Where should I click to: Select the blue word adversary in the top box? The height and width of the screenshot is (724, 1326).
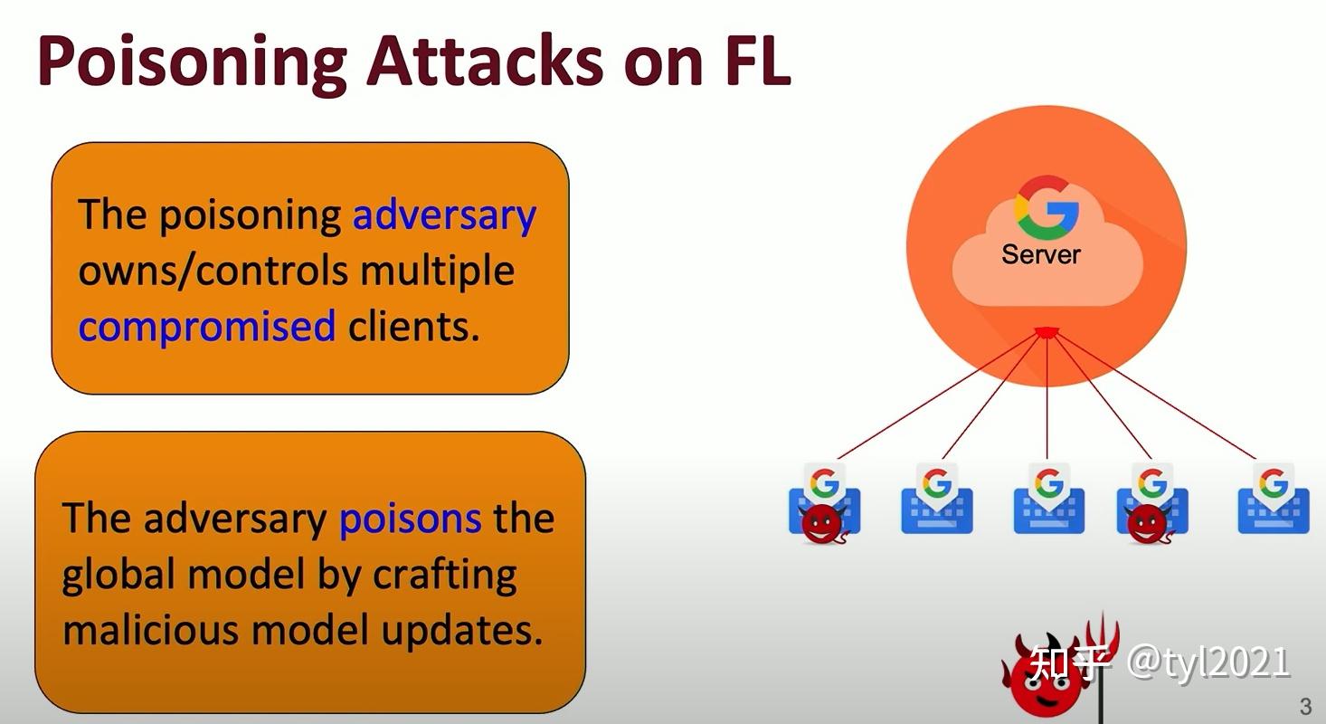coord(444,215)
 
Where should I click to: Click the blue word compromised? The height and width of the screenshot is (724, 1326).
coord(206,326)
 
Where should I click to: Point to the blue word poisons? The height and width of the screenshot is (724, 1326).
coord(410,518)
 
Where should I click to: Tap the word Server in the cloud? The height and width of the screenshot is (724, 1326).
coord(1040,254)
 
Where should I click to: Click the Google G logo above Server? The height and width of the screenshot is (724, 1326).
coord(1047,206)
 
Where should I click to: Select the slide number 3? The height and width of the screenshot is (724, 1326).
coord(1305,707)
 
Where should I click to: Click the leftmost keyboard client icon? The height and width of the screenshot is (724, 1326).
coord(824,500)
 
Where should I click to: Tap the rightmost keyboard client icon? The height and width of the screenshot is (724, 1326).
coord(1273,499)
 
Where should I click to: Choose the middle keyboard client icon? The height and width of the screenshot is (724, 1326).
coord(1048,499)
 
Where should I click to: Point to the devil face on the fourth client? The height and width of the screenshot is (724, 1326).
coord(1149,524)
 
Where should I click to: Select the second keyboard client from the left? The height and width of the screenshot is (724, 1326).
coord(936,499)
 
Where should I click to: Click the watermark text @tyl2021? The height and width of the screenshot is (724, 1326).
coord(1208,662)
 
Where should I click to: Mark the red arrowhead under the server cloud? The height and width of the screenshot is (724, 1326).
coord(1047,332)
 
